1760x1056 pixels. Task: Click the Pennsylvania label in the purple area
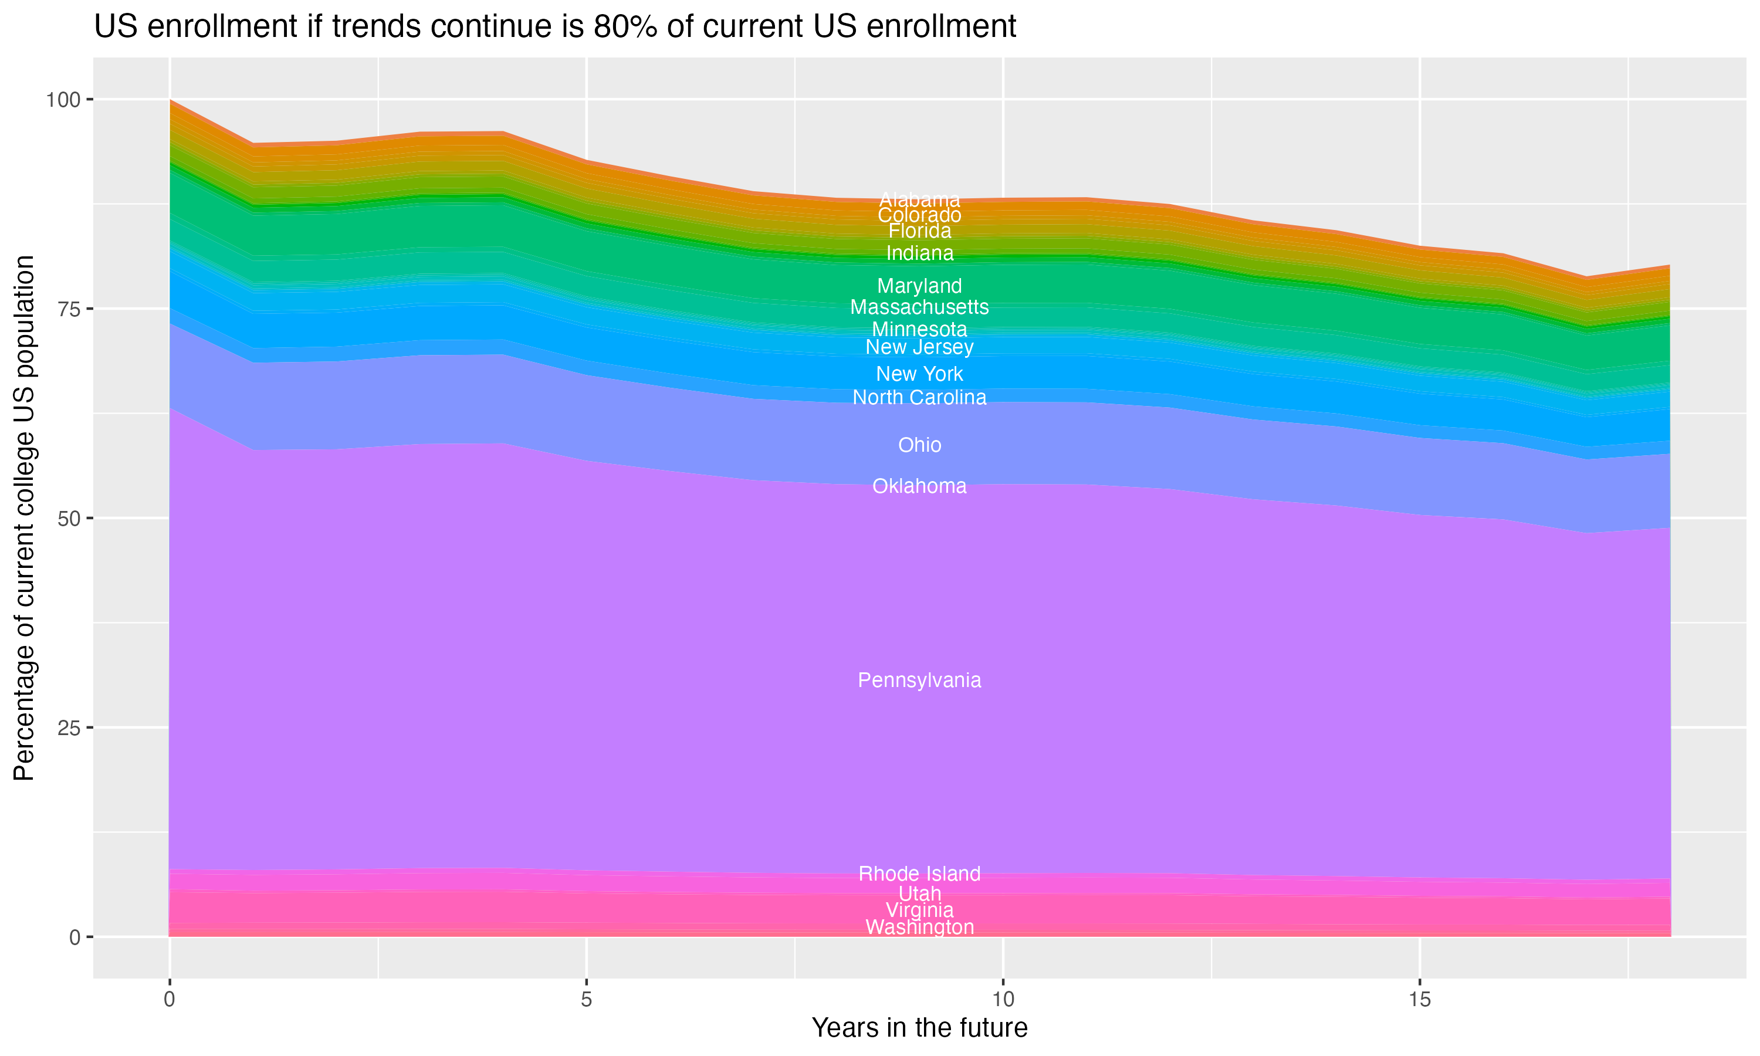point(919,681)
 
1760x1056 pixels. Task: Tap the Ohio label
point(919,445)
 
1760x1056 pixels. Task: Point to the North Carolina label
point(919,397)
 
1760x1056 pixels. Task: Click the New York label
point(919,374)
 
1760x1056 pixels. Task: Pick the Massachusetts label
point(919,307)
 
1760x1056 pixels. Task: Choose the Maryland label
point(919,286)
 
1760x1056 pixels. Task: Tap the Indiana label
point(919,253)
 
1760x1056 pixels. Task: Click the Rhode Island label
point(919,873)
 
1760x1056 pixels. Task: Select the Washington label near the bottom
point(919,927)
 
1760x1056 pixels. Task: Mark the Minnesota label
point(919,330)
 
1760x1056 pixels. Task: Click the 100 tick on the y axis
point(63,100)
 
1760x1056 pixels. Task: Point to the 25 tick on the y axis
point(68,727)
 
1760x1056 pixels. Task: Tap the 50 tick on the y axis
point(68,518)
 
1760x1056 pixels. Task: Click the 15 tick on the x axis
point(1419,1000)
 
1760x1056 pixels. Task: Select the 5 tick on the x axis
point(586,1000)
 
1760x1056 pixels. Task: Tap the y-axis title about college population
point(24,518)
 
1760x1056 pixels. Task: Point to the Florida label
point(919,231)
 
